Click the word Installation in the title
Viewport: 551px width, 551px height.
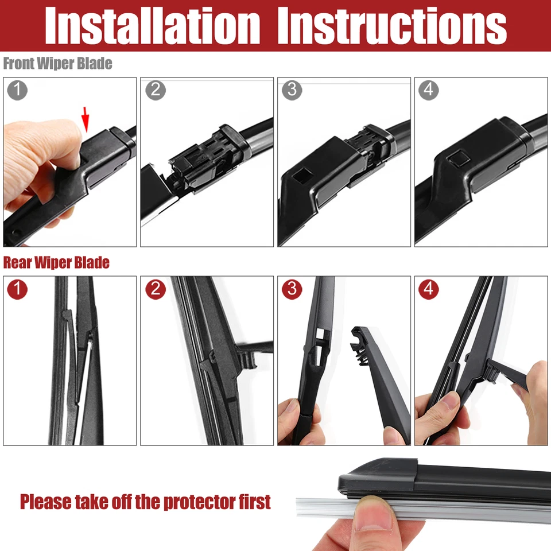(152, 26)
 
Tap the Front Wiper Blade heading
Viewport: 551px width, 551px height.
(57, 64)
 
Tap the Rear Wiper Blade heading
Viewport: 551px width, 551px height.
(56, 263)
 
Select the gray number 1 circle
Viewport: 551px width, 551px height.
(18, 90)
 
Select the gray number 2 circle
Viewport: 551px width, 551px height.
(155, 90)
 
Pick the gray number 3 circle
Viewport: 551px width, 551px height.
(292, 90)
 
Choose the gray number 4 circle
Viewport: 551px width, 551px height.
(429, 90)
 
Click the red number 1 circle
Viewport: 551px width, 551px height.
(18, 289)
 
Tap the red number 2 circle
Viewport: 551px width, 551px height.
(155, 289)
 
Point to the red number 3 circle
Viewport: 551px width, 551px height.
(292, 289)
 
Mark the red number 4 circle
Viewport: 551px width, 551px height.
(429, 289)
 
